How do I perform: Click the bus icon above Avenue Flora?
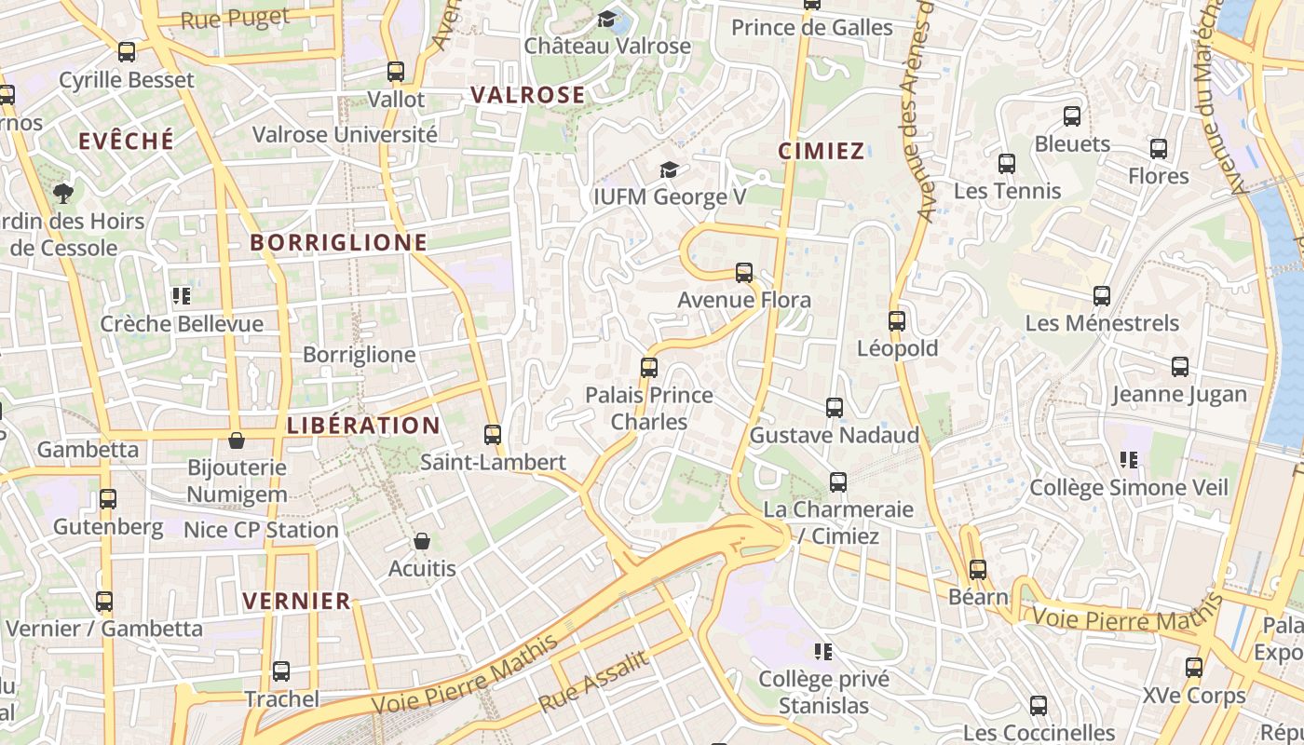(x=743, y=273)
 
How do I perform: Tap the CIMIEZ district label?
(x=821, y=151)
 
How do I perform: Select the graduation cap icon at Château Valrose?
(x=607, y=19)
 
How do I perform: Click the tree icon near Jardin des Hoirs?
(x=63, y=194)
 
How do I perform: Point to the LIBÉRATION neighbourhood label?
(x=363, y=426)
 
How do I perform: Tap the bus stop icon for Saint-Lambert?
(x=492, y=435)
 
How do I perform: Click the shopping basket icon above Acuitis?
(x=422, y=541)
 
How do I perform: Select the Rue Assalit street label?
(x=593, y=682)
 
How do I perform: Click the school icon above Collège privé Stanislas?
(x=822, y=651)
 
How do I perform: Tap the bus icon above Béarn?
(x=977, y=569)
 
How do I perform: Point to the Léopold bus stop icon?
(x=896, y=321)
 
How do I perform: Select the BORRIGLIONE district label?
(x=338, y=243)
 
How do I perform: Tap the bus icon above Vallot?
(x=396, y=72)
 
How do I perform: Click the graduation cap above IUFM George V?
(x=669, y=169)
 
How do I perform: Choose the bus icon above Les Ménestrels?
(x=1102, y=296)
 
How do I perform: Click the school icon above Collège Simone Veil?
(x=1128, y=459)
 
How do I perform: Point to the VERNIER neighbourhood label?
(x=296, y=601)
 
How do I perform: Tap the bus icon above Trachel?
(x=280, y=671)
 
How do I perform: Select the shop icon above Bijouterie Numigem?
(x=237, y=440)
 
